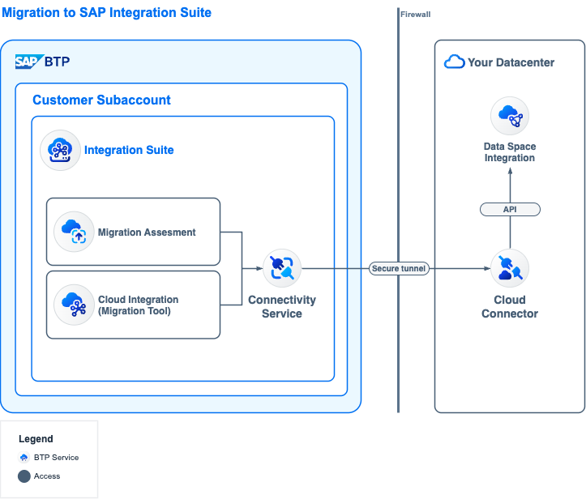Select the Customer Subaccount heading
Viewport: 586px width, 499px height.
101,100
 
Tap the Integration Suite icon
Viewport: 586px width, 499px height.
61,150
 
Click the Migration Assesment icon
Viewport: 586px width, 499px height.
73,232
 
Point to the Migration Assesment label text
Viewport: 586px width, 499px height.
147,232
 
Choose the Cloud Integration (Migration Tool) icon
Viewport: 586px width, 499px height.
73,305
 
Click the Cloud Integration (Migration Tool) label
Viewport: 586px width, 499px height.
138,305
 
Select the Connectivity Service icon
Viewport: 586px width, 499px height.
282,268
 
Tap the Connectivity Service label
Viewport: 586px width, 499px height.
282,307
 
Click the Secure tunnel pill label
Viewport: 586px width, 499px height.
399,268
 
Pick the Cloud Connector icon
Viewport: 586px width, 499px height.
510,268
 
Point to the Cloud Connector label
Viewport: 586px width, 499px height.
510,307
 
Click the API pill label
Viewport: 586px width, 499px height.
510,210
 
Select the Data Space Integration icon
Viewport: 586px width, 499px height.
510,116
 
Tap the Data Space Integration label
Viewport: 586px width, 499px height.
510,152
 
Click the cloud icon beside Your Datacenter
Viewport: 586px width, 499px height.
454,62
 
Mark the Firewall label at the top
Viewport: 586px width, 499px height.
416,15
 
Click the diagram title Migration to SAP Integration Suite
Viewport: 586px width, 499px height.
106,13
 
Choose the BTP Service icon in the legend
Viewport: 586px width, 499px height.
24,458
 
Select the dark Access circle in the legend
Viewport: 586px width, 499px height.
24,476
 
